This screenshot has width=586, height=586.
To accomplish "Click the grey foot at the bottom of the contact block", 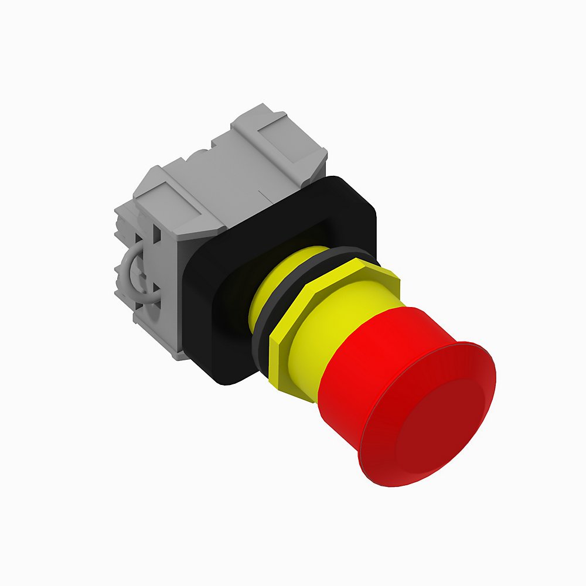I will pos(179,352).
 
